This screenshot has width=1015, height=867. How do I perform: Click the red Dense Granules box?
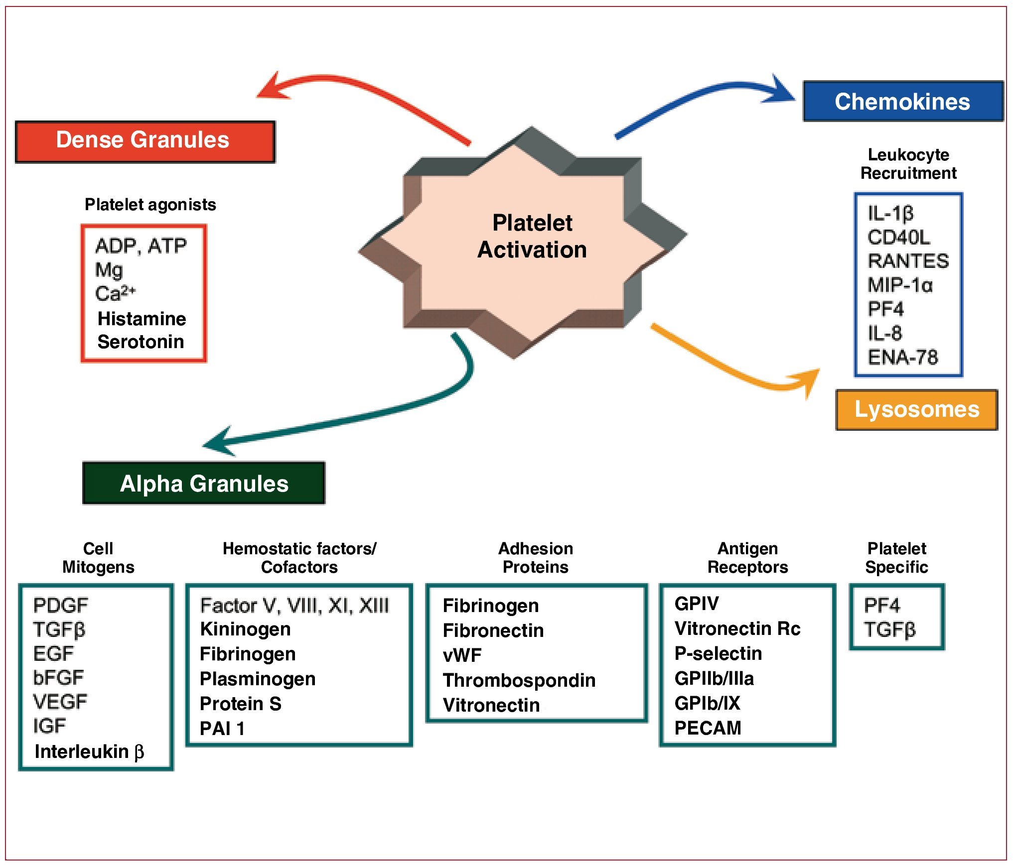(x=145, y=141)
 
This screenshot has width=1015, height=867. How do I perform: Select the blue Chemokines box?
(x=902, y=102)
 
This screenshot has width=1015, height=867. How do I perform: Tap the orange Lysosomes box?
(x=916, y=410)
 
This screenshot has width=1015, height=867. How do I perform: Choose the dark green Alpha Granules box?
(x=204, y=484)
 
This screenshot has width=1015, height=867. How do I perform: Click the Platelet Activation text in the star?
(x=532, y=237)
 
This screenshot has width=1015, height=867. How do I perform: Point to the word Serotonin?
(x=141, y=342)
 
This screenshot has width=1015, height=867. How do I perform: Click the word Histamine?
(x=142, y=319)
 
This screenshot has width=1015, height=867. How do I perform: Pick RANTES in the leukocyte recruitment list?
(x=908, y=261)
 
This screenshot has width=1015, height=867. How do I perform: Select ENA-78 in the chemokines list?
(x=902, y=358)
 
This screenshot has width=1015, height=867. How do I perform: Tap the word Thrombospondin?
(x=519, y=680)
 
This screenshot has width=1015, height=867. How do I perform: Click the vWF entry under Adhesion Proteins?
(x=462, y=655)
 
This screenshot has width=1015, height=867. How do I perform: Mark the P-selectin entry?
(x=718, y=653)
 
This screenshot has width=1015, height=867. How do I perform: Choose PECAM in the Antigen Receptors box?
(x=708, y=728)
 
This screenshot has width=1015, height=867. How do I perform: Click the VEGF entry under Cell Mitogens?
(x=60, y=702)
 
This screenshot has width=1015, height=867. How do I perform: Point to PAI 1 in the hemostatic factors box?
(x=222, y=729)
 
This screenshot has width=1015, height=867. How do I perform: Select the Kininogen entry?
(x=245, y=629)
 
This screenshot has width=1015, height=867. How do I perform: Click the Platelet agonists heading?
(x=150, y=205)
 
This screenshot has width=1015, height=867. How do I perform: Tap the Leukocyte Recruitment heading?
(x=908, y=164)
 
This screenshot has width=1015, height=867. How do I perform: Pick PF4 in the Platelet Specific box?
(x=881, y=606)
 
